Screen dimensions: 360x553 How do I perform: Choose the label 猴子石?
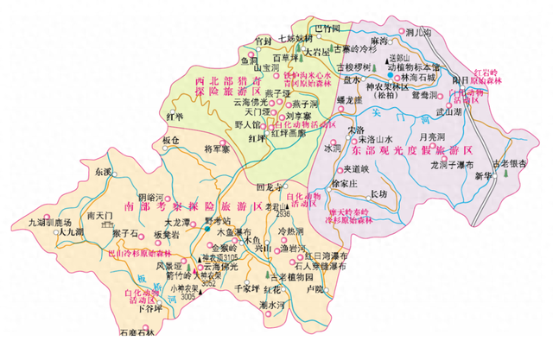click(124, 234)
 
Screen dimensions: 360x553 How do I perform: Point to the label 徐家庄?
click(345, 183)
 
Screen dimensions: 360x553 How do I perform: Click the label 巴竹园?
click(327, 28)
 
